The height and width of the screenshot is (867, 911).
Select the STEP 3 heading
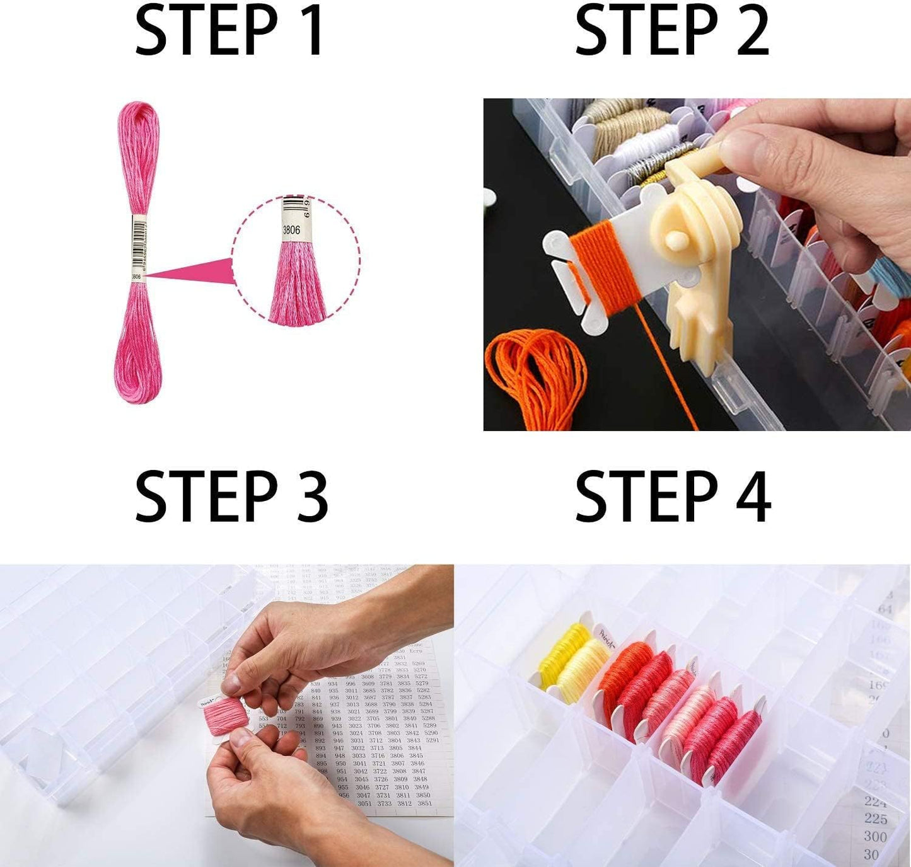(x=231, y=497)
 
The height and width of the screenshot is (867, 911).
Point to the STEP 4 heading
(x=673, y=497)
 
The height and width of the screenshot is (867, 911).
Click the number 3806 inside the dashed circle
(x=291, y=231)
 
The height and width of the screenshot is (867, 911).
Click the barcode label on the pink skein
(x=137, y=246)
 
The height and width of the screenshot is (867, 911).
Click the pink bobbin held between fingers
(x=223, y=718)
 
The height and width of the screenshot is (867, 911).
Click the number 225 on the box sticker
(x=876, y=818)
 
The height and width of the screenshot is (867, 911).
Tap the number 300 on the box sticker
(x=876, y=837)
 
